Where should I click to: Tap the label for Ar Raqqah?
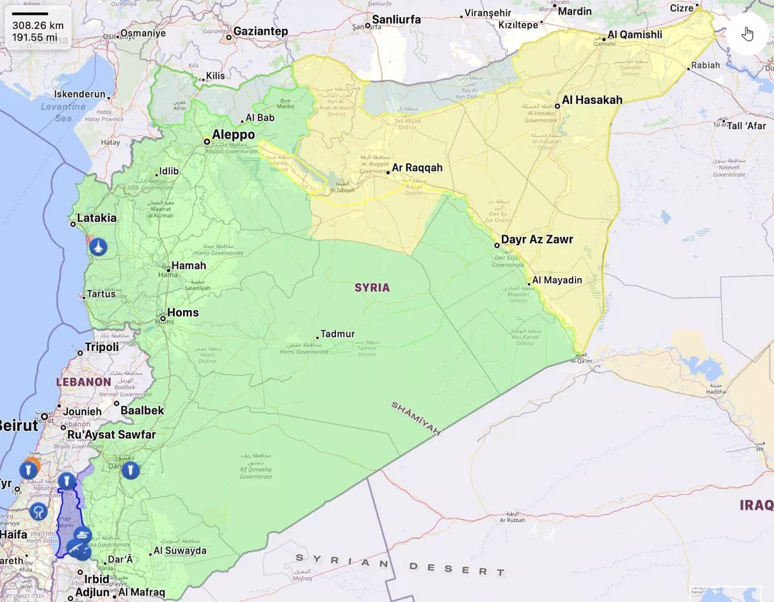(417, 168)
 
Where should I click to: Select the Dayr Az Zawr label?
(537, 239)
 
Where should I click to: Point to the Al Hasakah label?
(592, 100)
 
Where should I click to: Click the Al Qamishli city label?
(635, 35)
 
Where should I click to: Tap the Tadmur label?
(337, 334)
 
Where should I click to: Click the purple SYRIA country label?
(372, 287)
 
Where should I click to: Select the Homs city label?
(183, 313)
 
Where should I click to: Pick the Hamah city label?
(188, 266)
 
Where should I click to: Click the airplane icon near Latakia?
(98, 246)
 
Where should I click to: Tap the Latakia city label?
(97, 218)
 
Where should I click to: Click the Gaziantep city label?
(261, 32)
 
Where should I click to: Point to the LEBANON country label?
(84, 381)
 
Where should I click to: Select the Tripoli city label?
(102, 347)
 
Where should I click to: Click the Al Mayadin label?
(557, 280)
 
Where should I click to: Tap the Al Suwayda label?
(180, 550)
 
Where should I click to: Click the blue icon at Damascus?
(130, 470)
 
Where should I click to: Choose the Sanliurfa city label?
(395, 19)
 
